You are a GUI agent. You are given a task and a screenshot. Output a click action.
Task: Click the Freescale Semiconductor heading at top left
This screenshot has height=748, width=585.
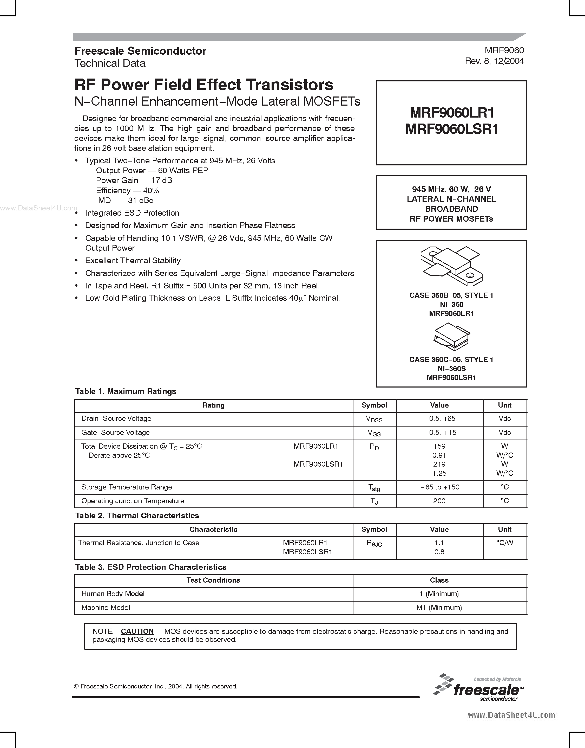pyautogui.click(x=140, y=51)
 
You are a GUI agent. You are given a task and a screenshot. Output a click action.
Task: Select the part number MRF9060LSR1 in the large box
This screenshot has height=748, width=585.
pyautogui.click(x=451, y=129)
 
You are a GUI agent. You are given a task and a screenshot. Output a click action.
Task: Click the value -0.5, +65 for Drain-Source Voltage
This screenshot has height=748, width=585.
pyautogui.click(x=439, y=418)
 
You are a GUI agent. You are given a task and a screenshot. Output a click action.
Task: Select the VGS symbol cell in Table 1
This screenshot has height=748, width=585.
pyautogui.click(x=374, y=433)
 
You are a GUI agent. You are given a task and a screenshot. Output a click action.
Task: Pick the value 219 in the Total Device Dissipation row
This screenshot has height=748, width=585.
pyautogui.click(x=439, y=464)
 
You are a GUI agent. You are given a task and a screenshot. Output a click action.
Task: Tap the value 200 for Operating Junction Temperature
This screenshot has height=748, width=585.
pyautogui.click(x=439, y=501)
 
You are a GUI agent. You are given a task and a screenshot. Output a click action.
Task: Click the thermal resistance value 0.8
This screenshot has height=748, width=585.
pyautogui.click(x=439, y=552)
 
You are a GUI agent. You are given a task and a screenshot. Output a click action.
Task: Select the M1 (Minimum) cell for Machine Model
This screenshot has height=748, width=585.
pyautogui.click(x=439, y=608)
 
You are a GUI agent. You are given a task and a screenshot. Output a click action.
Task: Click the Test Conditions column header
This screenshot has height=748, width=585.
pyautogui.click(x=213, y=580)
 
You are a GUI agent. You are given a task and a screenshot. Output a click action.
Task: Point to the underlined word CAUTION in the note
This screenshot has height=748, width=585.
pyautogui.click(x=137, y=631)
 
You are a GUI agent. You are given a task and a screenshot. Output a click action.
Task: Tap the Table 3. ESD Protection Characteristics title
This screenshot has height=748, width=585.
pyautogui.click(x=151, y=567)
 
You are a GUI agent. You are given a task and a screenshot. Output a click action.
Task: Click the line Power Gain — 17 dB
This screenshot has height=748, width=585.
pyautogui.click(x=134, y=181)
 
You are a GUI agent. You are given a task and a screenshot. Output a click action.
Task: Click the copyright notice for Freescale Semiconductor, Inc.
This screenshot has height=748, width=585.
pyautogui.click(x=155, y=686)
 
